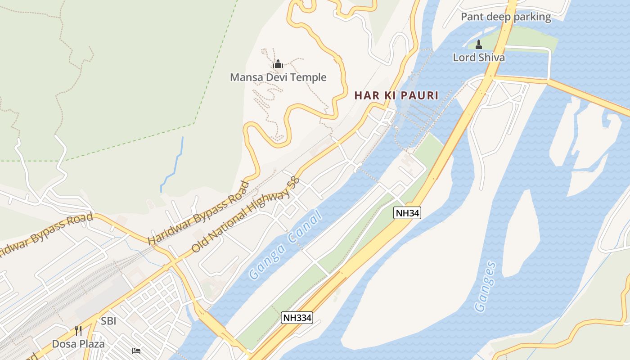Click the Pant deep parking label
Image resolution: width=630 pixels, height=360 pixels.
(506, 17)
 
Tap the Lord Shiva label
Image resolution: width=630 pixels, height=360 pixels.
(478, 58)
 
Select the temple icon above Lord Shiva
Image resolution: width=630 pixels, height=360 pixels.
(478, 45)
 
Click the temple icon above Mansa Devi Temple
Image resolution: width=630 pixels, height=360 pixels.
(278, 64)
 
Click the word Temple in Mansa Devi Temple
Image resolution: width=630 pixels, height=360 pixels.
(309, 77)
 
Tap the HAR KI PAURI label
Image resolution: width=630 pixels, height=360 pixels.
(396, 95)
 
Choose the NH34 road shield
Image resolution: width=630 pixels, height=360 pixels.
(407, 213)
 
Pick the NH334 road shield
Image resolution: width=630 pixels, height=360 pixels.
(297, 318)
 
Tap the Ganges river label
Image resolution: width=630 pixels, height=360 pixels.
(485, 287)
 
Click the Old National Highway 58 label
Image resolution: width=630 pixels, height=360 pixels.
(245, 214)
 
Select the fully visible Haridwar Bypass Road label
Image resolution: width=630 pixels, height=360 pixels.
(198, 213)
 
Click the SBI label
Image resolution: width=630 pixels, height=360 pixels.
(108, 321)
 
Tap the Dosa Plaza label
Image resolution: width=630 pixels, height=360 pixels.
(78, 344)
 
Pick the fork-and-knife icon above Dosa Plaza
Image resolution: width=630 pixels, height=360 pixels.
(78, 331)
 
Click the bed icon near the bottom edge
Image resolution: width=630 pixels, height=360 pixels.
(136, 351)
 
